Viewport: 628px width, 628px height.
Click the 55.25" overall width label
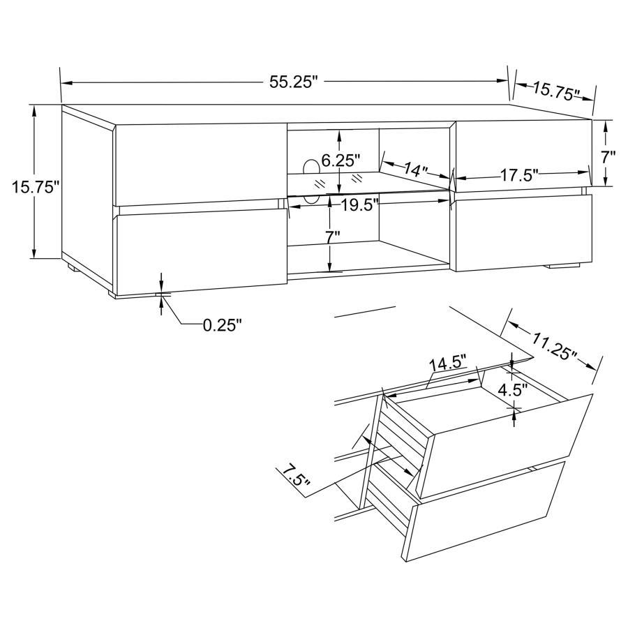[x=293, y=82]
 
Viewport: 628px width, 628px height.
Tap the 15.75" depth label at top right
[x=556, y=90]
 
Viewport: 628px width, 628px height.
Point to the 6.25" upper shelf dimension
[x=341, y=161]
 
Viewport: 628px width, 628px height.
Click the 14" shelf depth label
[x=416, y=169]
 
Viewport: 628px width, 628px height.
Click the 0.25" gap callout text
[x=222, y=324]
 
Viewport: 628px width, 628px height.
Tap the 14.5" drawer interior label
[x=448, y=364]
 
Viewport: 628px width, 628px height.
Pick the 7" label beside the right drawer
[x=608, y=157]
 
